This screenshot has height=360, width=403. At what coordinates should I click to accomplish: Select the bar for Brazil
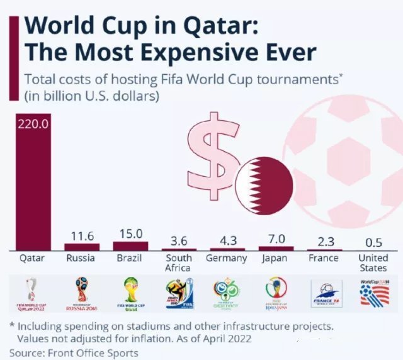click(130, 245)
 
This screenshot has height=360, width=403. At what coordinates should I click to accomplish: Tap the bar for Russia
click(82, 247)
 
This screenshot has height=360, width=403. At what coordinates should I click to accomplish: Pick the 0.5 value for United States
click(373, 242)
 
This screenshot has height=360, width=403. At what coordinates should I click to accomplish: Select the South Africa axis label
click(179, 263)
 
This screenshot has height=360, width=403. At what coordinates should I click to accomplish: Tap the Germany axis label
click(227, 259)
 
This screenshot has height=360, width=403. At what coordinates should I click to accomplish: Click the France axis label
click(324, 259)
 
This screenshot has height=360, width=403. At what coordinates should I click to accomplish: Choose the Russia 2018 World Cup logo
click(82, 293)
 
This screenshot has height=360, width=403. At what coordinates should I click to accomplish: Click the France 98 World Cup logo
click(326, 293)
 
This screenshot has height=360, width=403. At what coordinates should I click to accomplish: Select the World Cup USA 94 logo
click(374, 292)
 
